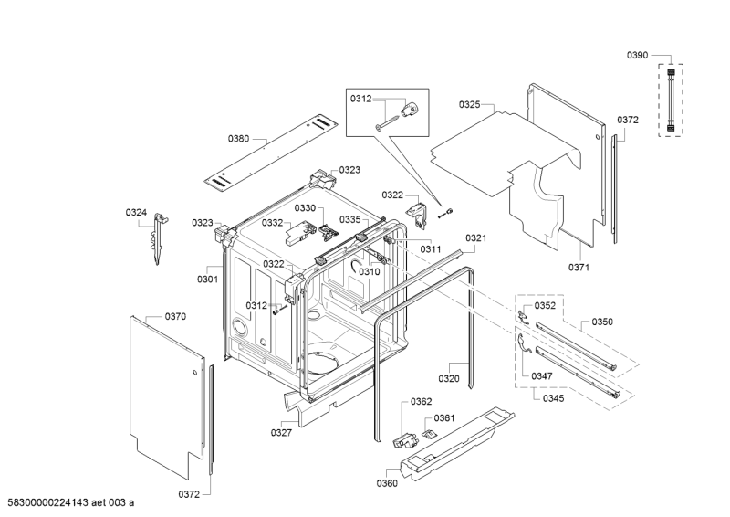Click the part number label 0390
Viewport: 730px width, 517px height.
[637, 56]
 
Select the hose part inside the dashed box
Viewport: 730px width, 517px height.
[673, 98]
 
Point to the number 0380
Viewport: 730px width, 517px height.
[238, 139]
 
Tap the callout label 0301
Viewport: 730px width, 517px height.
[207, 280]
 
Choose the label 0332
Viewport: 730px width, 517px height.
[273, 222]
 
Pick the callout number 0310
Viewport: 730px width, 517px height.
[369, 271]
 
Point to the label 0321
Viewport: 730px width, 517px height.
[476, 237]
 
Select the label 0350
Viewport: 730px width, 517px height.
[602, 322]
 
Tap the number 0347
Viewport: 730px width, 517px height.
[542, 375]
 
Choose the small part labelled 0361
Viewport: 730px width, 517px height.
[428, 433]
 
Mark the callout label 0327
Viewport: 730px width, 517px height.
[281, 433]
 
